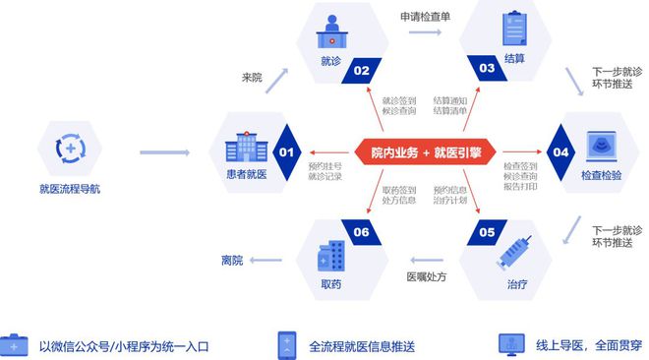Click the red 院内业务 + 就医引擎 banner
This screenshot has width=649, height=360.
[x=426, y=151]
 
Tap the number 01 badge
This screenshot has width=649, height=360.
[x=286, y=152]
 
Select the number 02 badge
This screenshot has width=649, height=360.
[x=362, y=70]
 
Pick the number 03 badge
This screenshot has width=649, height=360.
[x=487, y=69]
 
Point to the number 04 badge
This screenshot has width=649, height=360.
[x=560, y=152]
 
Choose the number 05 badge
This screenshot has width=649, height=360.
[x=487, y=233]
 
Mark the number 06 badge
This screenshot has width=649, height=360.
[x=362, y=233]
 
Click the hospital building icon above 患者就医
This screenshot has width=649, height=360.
[x=244, y=147]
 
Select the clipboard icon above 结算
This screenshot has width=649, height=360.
[x=515, y=29]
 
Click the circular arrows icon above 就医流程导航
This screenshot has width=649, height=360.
[x=70, y=149]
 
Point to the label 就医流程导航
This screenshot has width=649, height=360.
[x=70, y=188]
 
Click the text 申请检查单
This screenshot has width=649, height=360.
[x=424, y=16]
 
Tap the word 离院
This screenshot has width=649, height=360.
[x=231, y=261]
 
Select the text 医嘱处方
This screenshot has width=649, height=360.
[x=426, y=276]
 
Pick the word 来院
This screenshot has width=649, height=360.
[x=252, y=78]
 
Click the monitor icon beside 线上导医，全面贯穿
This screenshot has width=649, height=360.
[x=512, y=344]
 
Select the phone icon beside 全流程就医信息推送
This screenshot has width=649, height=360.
[x=287, y=344]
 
